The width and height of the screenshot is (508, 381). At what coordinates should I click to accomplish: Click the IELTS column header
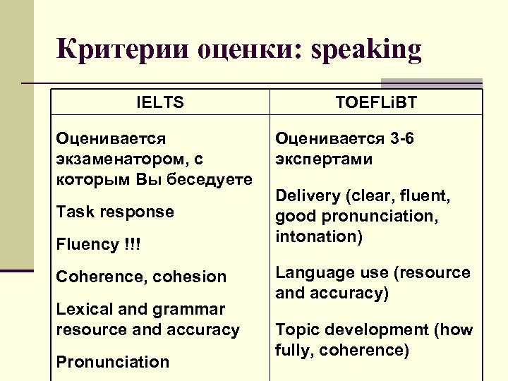coord(159,103)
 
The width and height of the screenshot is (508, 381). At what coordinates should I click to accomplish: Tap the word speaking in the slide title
coord(366,50)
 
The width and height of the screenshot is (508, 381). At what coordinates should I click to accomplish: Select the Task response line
coord(115,212)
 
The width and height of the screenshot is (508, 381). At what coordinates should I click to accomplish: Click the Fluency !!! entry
coord(98,244)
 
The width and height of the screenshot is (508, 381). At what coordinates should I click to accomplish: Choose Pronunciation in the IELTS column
coord(113,362)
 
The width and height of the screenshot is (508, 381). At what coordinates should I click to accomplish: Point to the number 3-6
coord(400,138)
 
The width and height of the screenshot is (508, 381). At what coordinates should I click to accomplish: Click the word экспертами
coord(324,159)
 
